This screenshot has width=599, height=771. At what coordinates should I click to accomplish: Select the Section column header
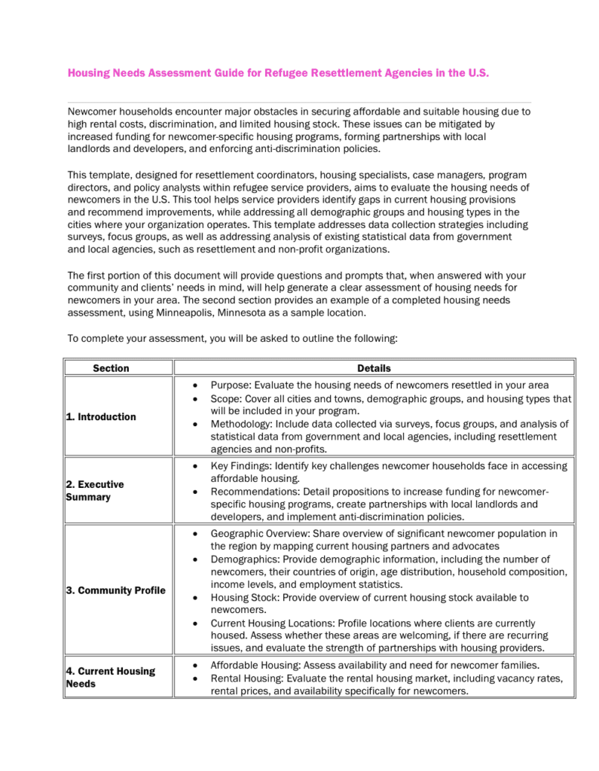click(111, 368)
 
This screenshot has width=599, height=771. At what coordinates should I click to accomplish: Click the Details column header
click(374, 368)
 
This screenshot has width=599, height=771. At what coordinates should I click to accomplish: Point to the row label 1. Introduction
click(101, 416)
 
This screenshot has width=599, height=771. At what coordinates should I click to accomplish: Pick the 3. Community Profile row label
click(115, 590)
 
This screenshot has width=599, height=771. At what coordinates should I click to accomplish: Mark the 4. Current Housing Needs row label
click(110, 677)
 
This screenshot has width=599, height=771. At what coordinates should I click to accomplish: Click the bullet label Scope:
click(226, 398)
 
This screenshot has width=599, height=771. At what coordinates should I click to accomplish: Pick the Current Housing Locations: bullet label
click(270, 623)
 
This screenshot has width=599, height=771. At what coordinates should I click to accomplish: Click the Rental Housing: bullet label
click(246, 678)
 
